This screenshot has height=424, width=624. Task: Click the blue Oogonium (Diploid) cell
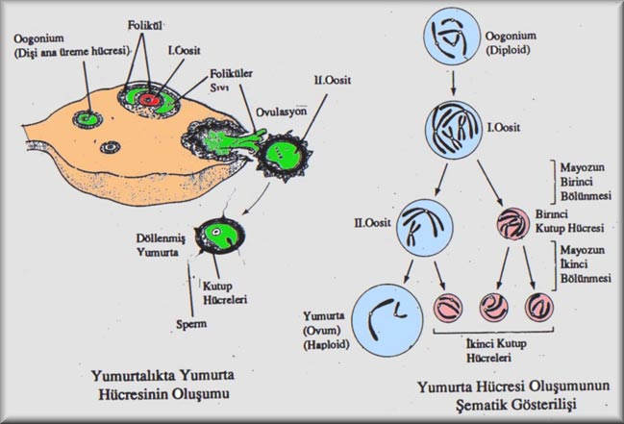452,37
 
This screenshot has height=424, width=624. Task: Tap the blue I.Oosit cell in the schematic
453,130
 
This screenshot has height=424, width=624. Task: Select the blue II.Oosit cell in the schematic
425,228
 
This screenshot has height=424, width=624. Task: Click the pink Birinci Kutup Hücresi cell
513,224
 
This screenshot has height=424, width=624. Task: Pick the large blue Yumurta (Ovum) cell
387,320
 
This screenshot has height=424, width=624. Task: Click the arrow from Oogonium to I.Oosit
453,84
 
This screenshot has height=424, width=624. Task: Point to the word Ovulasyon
282,112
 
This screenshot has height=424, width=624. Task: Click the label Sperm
191,324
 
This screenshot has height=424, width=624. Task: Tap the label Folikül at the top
144,26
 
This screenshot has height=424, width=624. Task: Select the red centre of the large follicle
149,100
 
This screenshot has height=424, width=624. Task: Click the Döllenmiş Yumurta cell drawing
220,236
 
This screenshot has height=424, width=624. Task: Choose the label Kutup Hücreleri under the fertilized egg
225,293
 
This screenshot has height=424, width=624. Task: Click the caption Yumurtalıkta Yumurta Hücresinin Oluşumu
163,385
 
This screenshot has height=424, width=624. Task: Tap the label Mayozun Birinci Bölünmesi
586,182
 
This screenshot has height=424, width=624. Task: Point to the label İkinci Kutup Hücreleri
496,350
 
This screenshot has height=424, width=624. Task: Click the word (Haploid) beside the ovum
326,344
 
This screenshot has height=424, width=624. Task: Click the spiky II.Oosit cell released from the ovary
284,157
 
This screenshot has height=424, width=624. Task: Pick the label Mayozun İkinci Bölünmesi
586,264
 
